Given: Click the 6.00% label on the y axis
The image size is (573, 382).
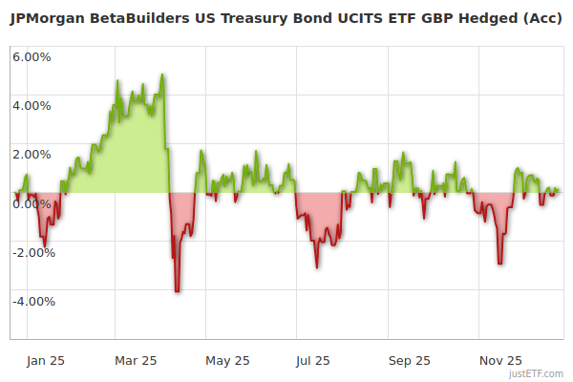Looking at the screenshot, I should pos(32,56).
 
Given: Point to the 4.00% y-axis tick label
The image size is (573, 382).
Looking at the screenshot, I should pos(32,105).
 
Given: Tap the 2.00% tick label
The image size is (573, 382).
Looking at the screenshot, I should pos(32,154).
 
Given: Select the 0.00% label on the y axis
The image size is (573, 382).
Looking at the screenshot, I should pos(32,203).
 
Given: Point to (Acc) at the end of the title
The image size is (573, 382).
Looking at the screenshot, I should pos(539,20).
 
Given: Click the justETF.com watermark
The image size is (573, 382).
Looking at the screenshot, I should pos(537,372).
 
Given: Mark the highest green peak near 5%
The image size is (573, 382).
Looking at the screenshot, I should pos(163,74).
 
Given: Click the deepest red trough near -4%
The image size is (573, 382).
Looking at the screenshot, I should pos(177,290).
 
